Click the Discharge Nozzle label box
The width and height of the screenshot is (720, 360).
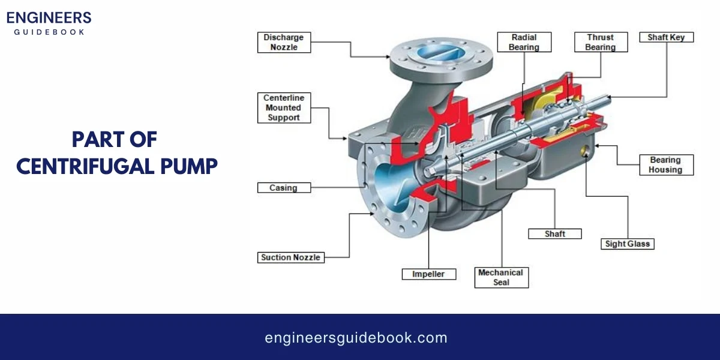tap(284, 42)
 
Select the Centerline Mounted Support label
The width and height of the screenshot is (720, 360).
tap(283, 107)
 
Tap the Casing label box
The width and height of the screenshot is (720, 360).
tap(284, 188)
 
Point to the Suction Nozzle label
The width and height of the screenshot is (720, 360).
tap(292, 257)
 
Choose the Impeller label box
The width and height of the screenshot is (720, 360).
tap(428, 274)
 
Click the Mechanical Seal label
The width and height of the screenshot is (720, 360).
tap(501, 277)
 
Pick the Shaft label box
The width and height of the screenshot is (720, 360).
tap(554, 233)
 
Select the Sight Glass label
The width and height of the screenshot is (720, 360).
tap(627, 244)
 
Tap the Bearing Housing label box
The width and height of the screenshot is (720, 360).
tap(665, 165)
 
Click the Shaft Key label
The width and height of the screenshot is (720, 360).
tap(666, 37)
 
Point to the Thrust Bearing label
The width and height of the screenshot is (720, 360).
tap(601, 42)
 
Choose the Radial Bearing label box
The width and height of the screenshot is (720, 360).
tap(524, 42)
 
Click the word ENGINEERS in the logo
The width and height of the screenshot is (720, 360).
tap(49, 17)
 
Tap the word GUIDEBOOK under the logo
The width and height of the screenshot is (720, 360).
tap(49, 31)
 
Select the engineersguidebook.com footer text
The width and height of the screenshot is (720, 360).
tap(356, 338)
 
